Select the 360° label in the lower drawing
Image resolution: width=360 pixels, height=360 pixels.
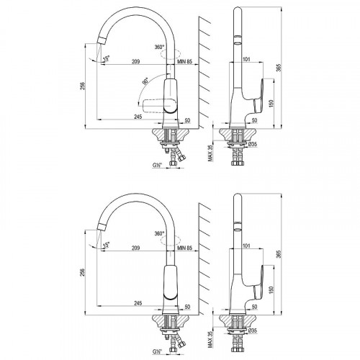(160, 234)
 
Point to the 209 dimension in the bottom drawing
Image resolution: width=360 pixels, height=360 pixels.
(136, 248)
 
